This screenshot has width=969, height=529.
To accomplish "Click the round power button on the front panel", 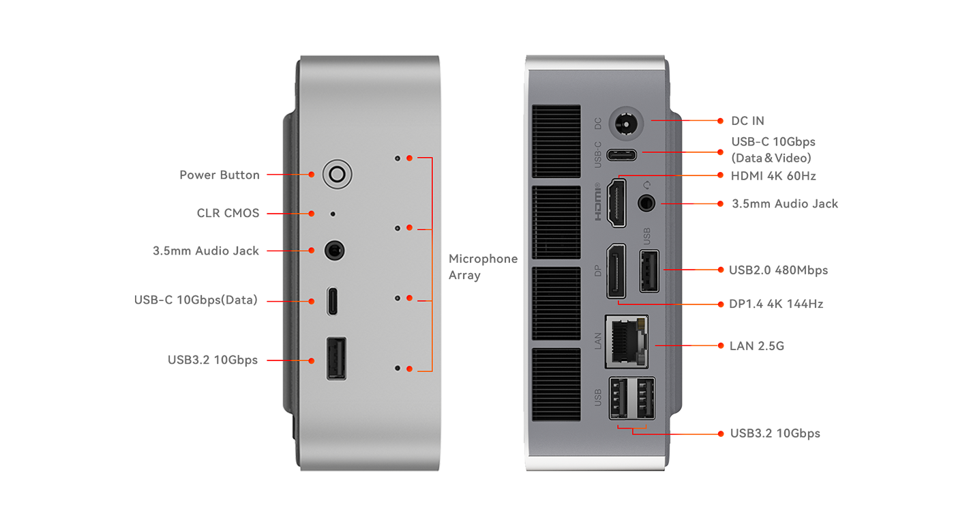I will (336, 175).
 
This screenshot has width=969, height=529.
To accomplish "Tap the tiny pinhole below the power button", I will (333, 214).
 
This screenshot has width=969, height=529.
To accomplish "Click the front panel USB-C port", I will (332, 301).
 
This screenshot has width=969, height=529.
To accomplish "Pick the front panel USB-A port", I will (336, 358).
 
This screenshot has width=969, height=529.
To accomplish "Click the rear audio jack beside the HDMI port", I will (647, 203).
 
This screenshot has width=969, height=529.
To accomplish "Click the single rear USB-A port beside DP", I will (649, 271).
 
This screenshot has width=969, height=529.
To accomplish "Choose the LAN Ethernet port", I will (627, 339).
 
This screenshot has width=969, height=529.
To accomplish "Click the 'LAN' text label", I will (598, 340).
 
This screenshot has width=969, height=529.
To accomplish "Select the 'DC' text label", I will (598, 124).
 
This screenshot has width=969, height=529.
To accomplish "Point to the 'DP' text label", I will (598, 271).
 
